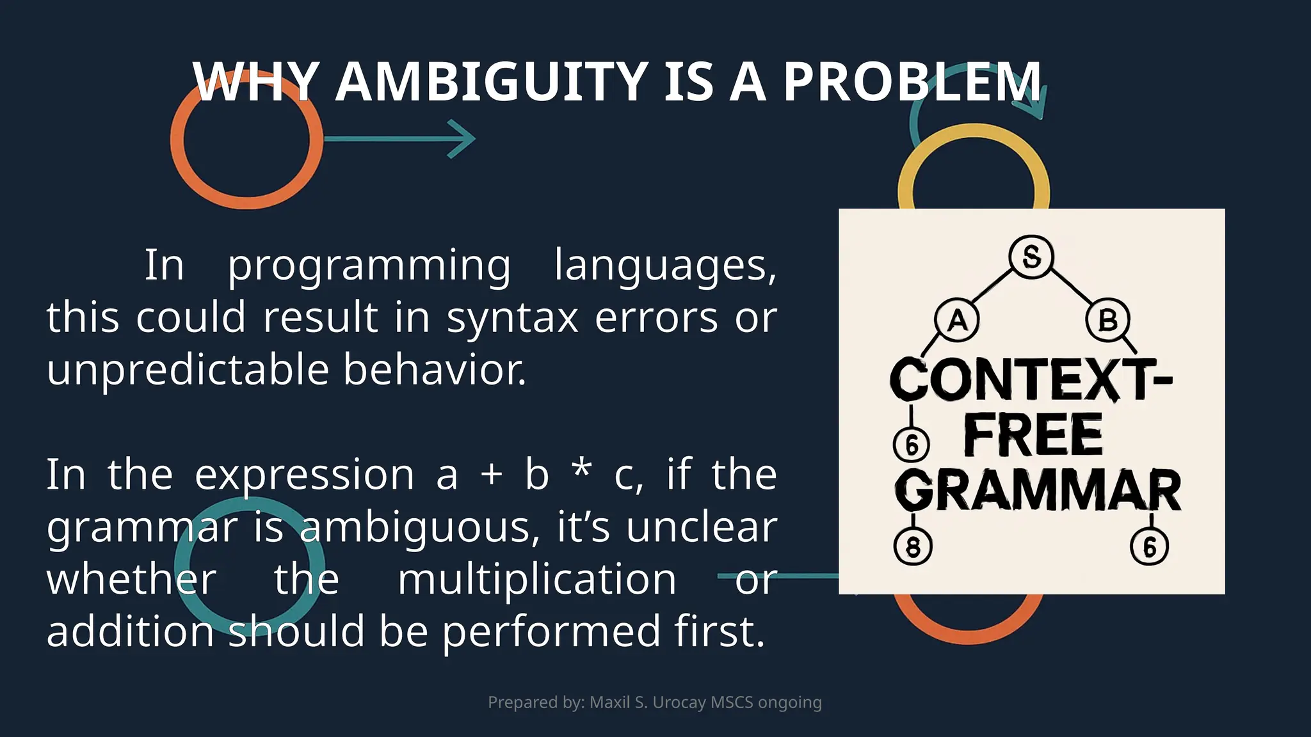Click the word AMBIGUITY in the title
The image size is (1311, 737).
tap(491, 82)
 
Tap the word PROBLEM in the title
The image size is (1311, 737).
tap(912, 82)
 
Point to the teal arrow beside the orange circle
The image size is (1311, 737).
tap(399, 138)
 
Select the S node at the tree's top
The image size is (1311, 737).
tap(1031, 257)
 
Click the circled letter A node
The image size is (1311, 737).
tap(957, 320)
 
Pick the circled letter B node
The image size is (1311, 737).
tap(1107, 320)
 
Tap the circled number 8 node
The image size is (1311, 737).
tap(913, 547)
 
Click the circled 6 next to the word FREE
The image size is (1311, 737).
tap(912, 444)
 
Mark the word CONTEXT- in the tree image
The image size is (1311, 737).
tap(1031, 379)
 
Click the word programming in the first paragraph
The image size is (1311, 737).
tap(369, 265)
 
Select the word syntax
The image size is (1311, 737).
tap(513, 318)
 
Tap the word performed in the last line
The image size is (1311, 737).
tap(551, 632)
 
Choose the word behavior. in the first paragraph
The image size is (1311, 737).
tap(435, 370)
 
